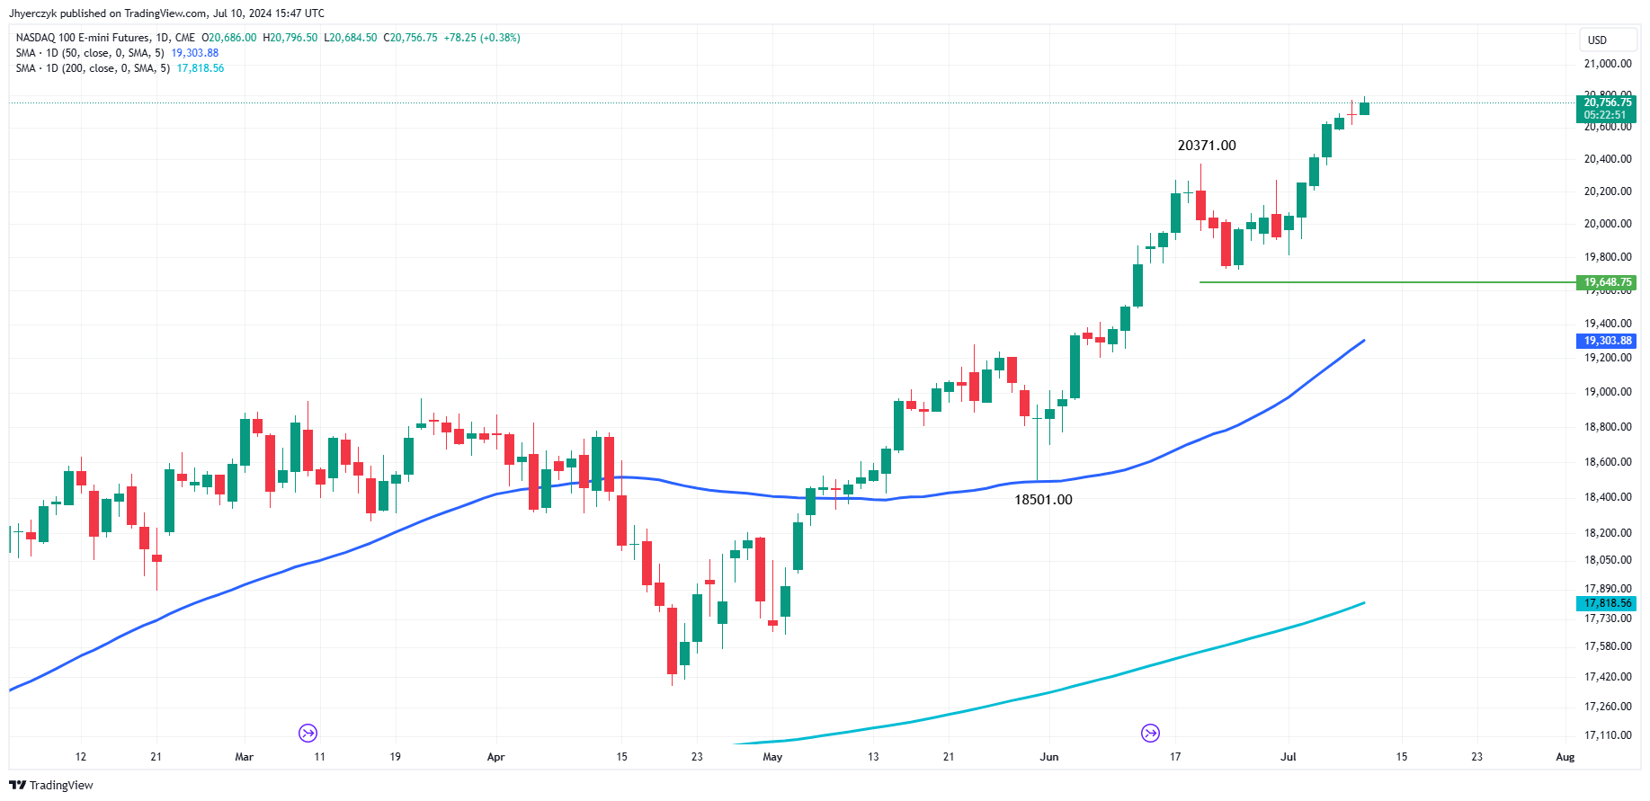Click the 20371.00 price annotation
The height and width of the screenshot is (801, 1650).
click(1207, 146)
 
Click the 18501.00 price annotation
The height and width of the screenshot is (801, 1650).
click(1043, 500)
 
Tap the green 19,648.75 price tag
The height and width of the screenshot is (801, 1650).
click(1607, 282)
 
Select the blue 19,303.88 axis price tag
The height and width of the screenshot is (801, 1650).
click(1607, 341)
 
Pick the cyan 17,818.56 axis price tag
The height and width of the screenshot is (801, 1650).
click(1607, 603)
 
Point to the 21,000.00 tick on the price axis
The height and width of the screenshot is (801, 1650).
click(1607, 64)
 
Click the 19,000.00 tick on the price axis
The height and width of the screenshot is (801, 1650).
click(1607, 392)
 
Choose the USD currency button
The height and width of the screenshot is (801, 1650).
click(1597, 40)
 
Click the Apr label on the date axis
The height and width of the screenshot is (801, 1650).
click(495, 757)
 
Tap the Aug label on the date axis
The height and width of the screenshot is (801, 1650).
click(1565, 757)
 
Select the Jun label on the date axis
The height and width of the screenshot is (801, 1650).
click(1048, 757)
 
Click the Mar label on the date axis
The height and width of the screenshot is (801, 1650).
click(244, 757)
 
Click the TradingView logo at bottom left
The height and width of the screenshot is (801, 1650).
click(51, 785)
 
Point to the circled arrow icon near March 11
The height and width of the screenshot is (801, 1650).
click(308, 734)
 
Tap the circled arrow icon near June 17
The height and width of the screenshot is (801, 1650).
click(1150, 734)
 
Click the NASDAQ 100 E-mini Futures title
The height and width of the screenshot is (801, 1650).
click(83, 38)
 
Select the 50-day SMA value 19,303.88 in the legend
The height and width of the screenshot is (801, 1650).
click(195, 53)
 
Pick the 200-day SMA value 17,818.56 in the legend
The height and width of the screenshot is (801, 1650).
click(201, 68)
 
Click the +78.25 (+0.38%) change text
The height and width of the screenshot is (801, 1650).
click(482, 38)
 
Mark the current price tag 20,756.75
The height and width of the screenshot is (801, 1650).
click(1607, 102)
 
